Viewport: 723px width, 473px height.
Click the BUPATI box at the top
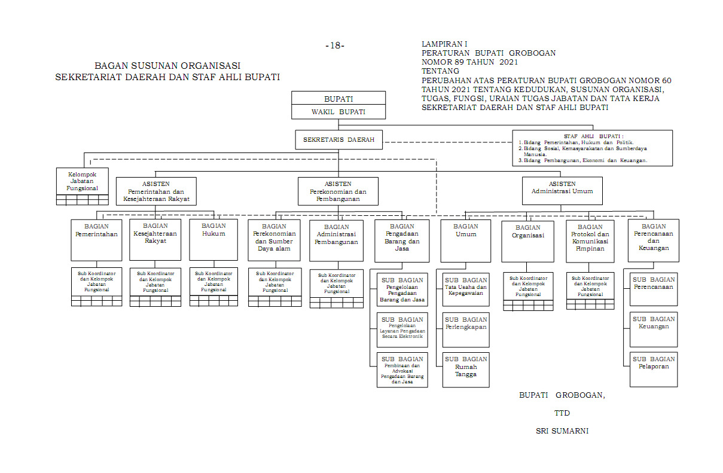pos(338,98)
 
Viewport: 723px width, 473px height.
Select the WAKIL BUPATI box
pos(338,112)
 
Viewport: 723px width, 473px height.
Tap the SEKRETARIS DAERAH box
pos(338,140)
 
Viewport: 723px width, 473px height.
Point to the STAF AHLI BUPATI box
pos(592,148)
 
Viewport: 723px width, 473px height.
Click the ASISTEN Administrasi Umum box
pos(562,191)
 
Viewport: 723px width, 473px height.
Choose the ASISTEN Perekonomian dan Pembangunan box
pos(338,191)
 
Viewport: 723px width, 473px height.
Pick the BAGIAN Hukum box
pos(213,240)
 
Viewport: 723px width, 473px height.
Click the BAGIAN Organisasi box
pos(527,240)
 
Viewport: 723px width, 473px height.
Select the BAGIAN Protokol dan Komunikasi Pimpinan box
pos(590,240)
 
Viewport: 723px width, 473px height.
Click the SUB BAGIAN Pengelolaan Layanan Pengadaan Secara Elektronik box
pos(402,329)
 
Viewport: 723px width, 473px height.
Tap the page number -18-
pos(335,45)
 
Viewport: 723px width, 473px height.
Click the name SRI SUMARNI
pos(562,431)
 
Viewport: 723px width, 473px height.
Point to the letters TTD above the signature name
pos(562,413)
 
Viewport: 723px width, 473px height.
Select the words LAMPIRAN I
pos(444,44)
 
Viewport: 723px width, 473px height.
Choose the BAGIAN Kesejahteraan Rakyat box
pos(155,240)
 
